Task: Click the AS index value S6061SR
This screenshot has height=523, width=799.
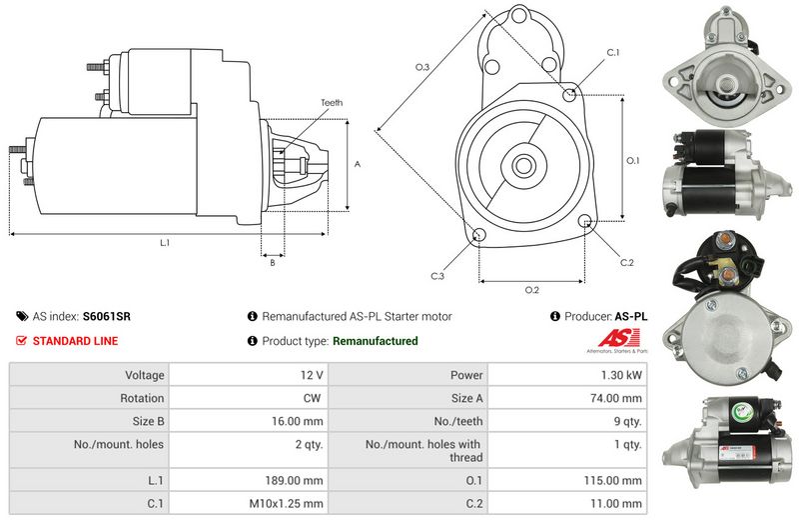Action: point(106,316)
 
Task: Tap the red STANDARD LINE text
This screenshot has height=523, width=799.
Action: point(75,341)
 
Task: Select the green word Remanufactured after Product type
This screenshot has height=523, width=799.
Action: point(375,341)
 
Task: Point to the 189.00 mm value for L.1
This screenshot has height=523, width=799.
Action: point(299,480)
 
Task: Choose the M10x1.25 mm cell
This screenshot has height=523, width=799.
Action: point(291,504)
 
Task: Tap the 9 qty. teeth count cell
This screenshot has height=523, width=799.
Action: point(626,421)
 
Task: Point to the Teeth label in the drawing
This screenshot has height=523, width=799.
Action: point(332,103)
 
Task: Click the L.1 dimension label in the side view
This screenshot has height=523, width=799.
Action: point(164,243)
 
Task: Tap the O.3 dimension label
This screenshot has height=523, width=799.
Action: point(422,67)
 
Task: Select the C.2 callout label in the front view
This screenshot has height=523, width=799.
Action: point(626,262)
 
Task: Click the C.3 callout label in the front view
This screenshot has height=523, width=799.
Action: point(437,275)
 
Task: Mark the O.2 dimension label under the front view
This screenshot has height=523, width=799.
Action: point(531,290)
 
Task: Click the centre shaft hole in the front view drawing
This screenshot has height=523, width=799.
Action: point(524,163)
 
